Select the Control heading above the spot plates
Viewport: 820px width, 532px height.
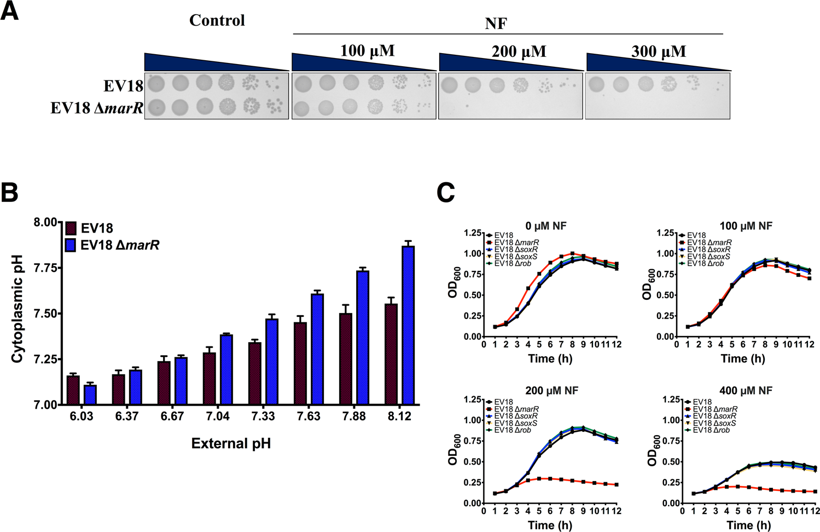tap(217, 21)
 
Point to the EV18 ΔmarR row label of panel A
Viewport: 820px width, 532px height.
tap(97, 108)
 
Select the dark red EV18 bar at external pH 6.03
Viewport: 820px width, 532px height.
tap(73, 390)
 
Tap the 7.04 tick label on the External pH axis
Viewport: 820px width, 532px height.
tap(218, 417)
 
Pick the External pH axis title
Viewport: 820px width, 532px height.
tap(231, 443)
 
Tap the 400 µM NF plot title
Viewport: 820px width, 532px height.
tap(746, 391)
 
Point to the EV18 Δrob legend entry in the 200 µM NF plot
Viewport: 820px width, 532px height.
tap(513, 430)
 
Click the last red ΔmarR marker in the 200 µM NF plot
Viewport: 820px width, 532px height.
tap(617, 484)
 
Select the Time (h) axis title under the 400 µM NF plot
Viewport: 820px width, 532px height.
tap(748, 525)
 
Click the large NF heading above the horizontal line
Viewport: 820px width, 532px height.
tap(496, 24)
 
